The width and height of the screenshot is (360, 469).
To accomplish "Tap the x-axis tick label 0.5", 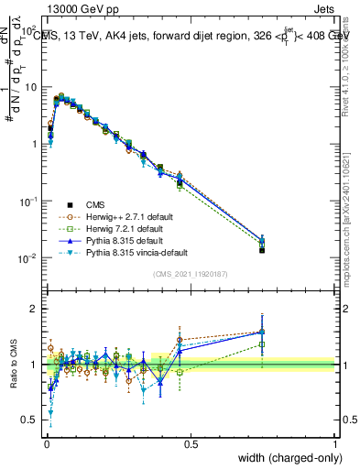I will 190,443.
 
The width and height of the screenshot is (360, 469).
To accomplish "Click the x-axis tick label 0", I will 46,443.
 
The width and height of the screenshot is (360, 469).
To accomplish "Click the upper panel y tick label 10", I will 31,87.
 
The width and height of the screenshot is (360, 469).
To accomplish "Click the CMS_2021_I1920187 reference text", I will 190,274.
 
